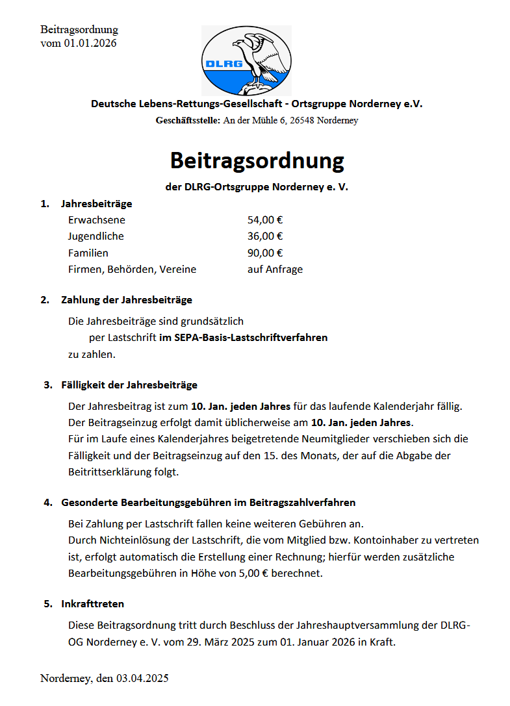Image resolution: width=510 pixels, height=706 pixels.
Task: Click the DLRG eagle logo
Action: click(246, 60)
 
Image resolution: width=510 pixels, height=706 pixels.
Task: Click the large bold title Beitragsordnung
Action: click(257, 160)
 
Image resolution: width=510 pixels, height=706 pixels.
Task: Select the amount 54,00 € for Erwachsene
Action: click(264, 220)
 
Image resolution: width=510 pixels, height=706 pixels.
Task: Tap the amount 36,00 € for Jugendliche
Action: click(264, 236)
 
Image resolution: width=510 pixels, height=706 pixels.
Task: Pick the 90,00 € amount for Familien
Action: click(264, 253)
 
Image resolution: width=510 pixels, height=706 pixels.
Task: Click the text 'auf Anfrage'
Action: click(275, 269)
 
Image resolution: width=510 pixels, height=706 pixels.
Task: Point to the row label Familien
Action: click(88, 253)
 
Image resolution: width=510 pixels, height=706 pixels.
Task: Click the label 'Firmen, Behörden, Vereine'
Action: click(132, 269)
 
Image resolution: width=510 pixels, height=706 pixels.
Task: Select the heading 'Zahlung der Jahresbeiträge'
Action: click(127, 300)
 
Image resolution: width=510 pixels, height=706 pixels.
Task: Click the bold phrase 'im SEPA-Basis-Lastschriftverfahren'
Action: click(243, 338)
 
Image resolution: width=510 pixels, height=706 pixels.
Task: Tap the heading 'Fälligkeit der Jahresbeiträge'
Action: click(129, 385)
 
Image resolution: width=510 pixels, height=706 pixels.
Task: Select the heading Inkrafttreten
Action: click(92, 604)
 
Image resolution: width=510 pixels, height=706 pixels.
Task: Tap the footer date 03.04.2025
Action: click(143, 679)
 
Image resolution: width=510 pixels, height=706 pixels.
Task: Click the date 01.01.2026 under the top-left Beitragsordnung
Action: click(90, 43)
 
